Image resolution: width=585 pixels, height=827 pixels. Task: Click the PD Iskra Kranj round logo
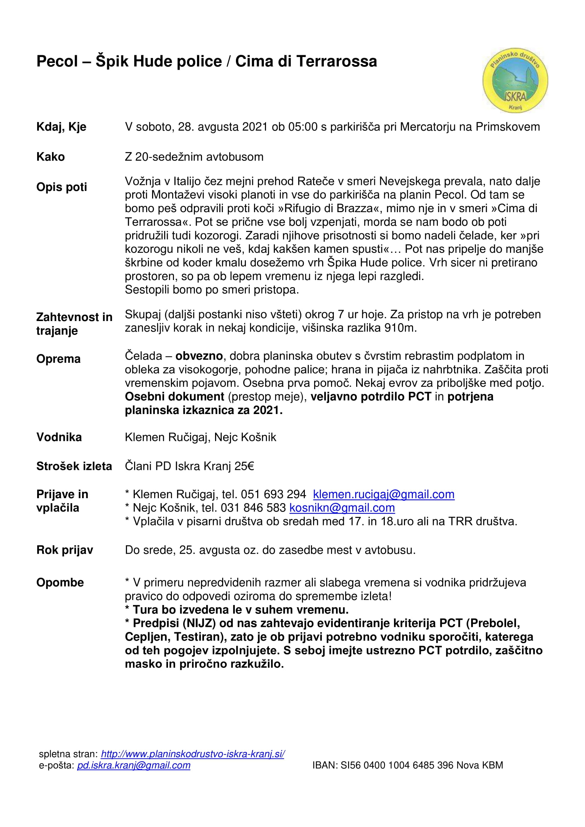pos(515,81)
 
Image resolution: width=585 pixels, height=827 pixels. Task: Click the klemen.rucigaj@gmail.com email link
pos(384,494)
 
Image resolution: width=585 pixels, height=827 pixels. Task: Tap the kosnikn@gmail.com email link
pos(342,508)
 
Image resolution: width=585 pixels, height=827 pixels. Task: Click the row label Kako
pos(51,157)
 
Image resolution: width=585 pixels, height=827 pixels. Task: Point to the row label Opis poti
pos(62,187)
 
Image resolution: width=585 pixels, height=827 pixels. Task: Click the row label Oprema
pos(58,359)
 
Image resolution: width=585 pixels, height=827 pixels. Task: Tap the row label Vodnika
pos(59,437)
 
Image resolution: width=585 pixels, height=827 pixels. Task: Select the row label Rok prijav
pos(64,550)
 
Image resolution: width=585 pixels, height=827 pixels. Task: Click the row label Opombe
pos(60,582)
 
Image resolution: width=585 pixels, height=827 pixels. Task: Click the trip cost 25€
pos(244,466)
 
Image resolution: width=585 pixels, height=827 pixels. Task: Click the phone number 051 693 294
pos(273,494)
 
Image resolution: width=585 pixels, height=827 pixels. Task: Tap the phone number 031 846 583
pos(253,508)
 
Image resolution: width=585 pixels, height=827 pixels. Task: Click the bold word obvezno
pos(199,356)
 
